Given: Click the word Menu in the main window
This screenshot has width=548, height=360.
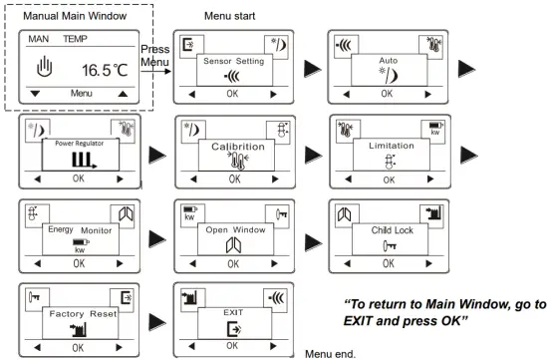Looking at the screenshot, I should click(x=81, y=93).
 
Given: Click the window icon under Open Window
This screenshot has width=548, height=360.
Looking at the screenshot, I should click(x=232, y=245).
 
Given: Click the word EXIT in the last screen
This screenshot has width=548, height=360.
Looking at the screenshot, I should click(x=232, y=312).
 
